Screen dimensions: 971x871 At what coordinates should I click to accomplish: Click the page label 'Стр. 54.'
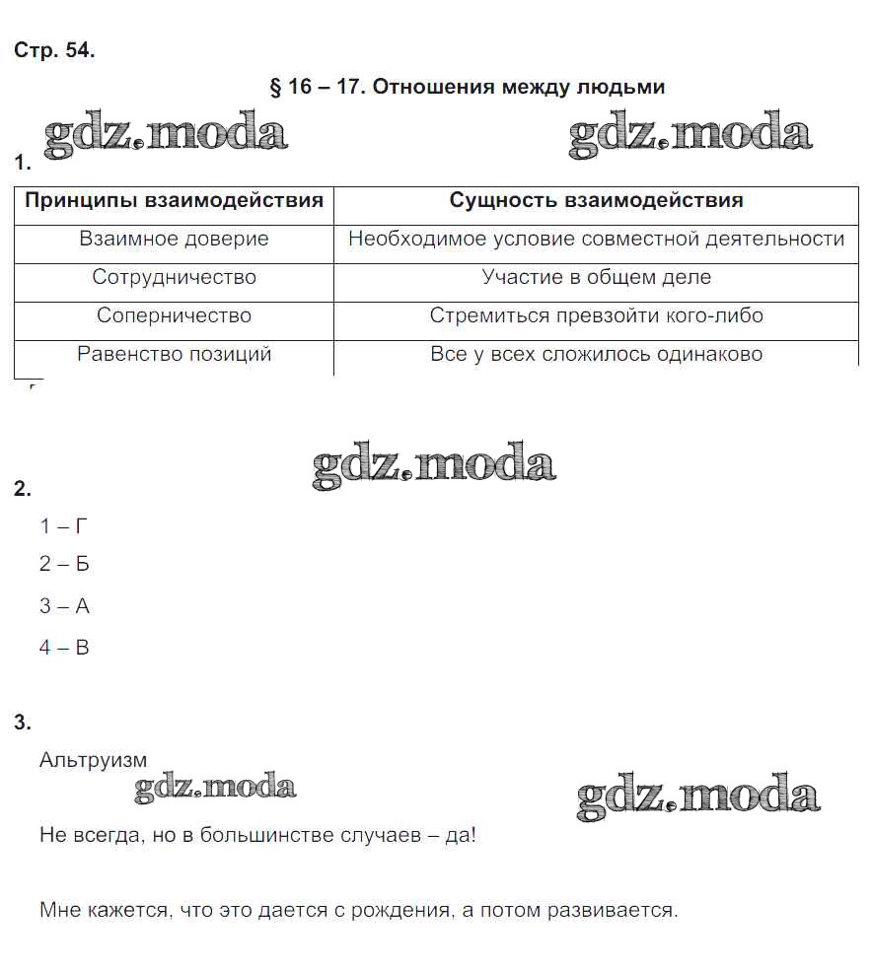(x=54, y=51)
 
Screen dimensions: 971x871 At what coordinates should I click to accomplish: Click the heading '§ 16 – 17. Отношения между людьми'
(x=467, y=87)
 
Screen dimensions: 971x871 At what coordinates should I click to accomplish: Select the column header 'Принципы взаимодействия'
(x=174, y=201)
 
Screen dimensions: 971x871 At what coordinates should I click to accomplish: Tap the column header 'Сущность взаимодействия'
(x=596, y=201)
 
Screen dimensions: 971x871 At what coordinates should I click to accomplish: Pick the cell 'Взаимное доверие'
(x=174, y=240)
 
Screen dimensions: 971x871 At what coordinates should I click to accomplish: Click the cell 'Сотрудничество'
(x=174, y=278)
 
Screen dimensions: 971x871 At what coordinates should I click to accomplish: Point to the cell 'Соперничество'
(x=174, y=316)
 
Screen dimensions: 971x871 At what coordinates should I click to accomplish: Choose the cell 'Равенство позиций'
(x=174, y=355)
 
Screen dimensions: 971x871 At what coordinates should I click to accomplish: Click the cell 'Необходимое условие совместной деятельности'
(x=596, y=240)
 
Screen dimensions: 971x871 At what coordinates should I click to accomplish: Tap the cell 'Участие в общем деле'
(x=596, y=278)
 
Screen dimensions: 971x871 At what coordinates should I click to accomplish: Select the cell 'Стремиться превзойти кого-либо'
(x=596, y=316)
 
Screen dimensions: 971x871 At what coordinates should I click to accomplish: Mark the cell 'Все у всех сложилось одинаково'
(x=596, y=355)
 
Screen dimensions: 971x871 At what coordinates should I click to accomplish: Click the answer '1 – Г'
(x=64, y=526)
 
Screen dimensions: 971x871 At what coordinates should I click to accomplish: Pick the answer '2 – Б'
(x=64, y=565)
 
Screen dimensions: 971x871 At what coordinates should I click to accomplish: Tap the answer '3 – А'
(x=64, y=606)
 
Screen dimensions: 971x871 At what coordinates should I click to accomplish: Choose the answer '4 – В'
(x=64, y=648)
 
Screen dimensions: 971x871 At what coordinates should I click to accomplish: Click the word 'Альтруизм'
(x=93, y=760)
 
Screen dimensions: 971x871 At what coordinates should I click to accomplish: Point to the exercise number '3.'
(x=23, y=723)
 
